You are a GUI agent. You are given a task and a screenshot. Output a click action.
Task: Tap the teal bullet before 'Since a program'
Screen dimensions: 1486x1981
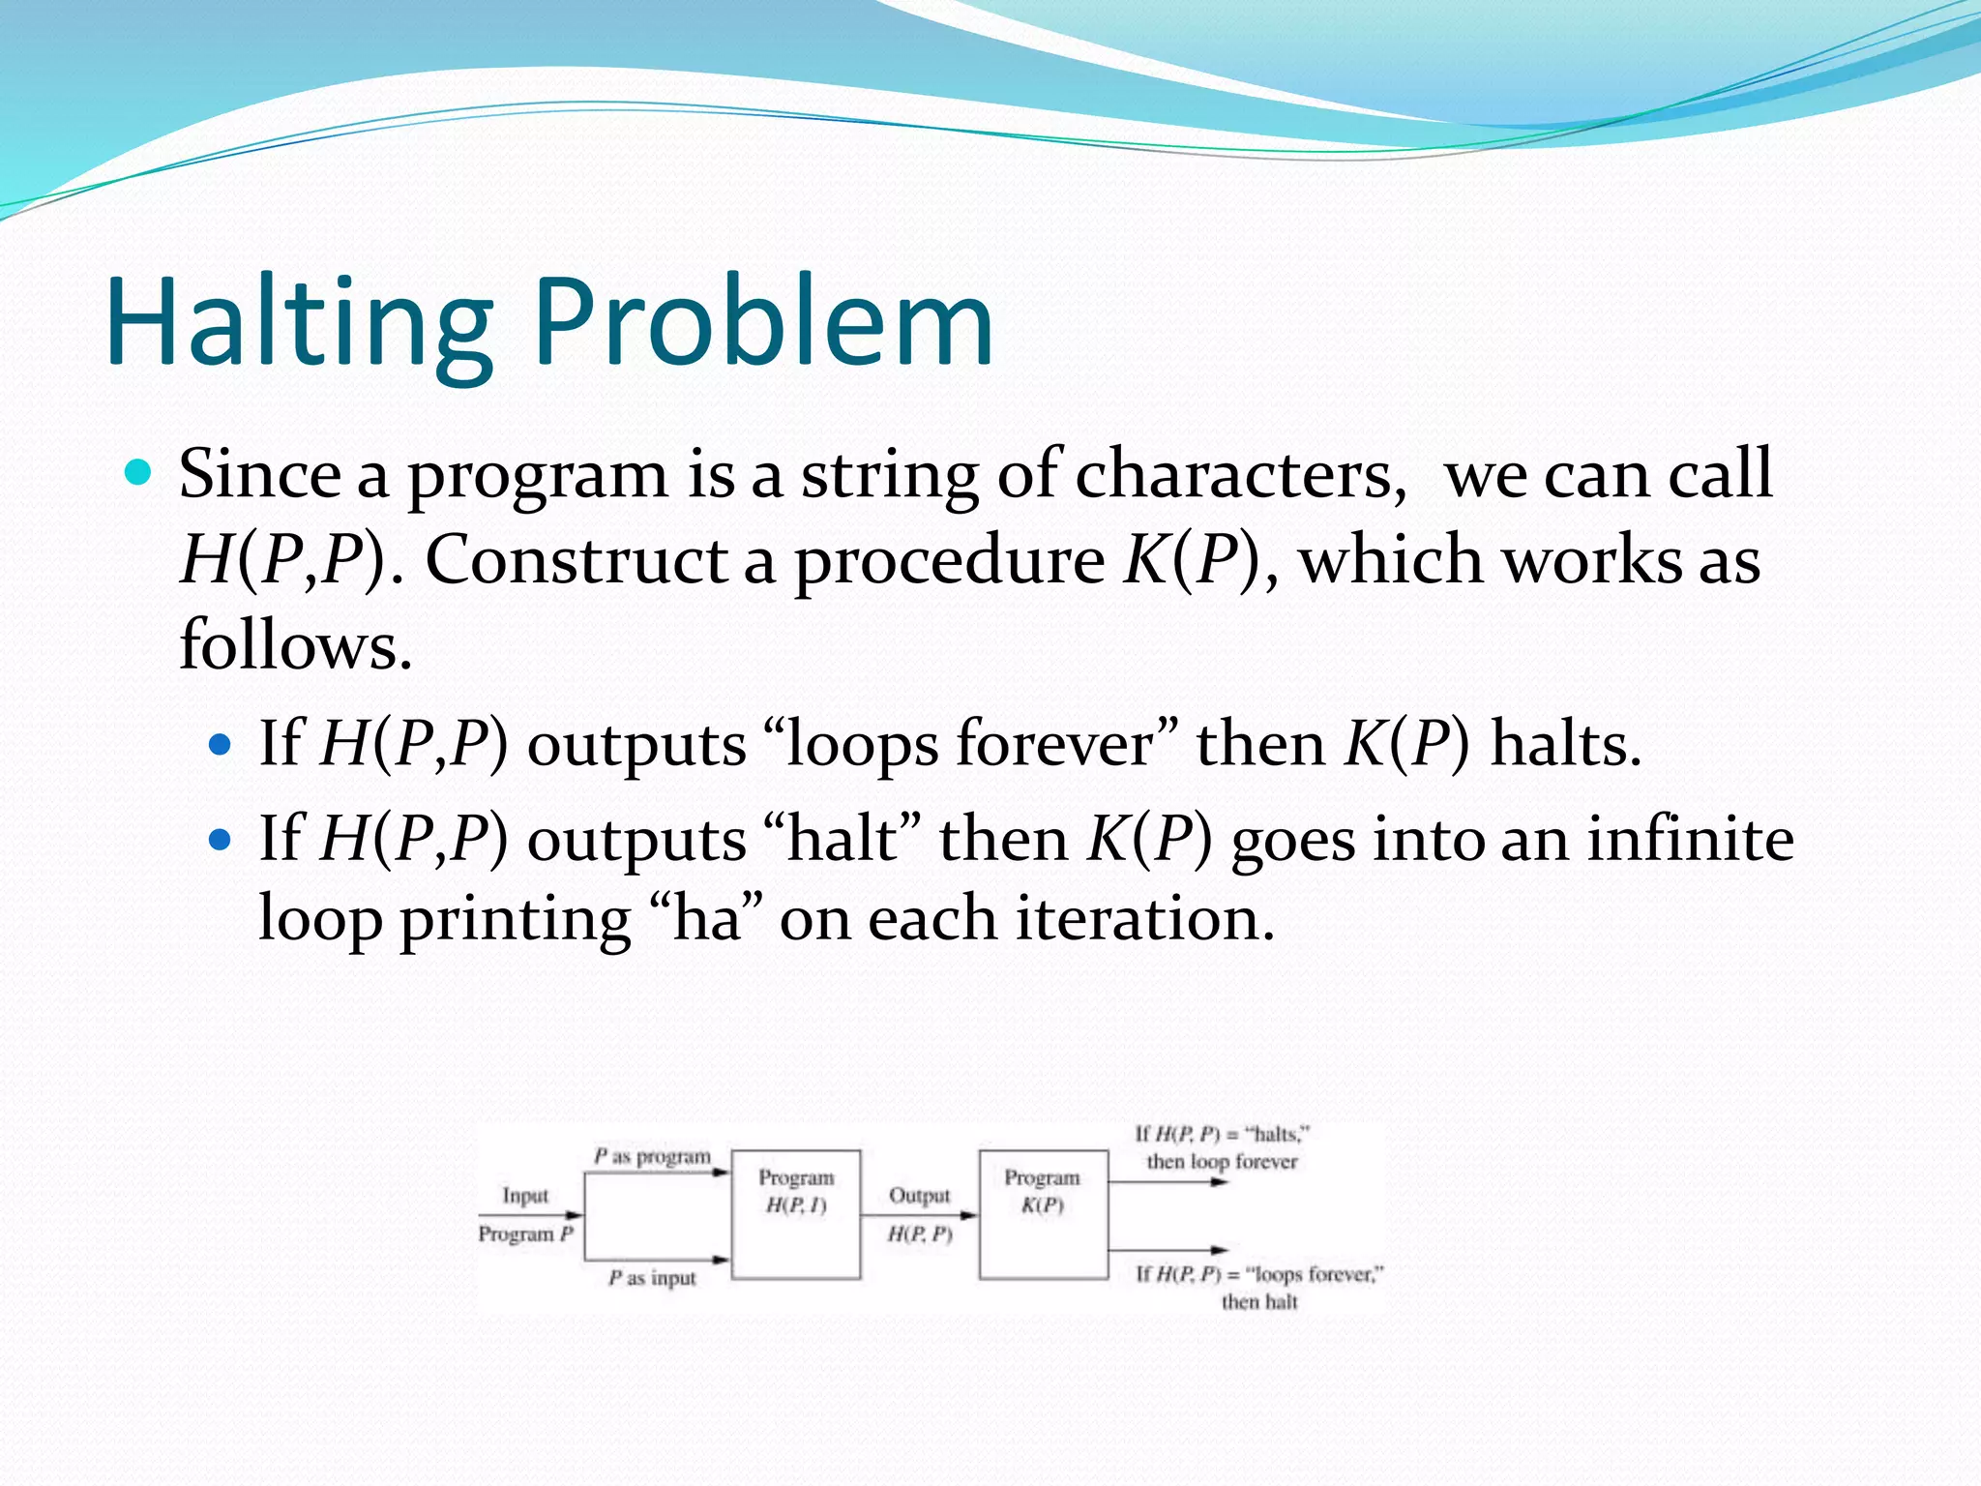[139, 473]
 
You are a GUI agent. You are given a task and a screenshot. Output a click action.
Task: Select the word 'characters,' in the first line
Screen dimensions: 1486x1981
[1241, 476]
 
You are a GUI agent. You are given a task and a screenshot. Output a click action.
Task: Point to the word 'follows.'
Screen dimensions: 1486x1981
[295, 645]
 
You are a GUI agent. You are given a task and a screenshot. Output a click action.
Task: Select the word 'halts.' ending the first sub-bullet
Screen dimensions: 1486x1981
[1565, 745]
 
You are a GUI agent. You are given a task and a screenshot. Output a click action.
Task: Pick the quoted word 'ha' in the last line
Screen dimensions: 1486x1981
[707, 919]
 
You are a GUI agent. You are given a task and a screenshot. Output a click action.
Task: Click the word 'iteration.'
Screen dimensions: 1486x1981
[1145, 919]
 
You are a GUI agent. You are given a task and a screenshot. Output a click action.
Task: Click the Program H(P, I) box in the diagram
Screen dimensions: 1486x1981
[795, 1214]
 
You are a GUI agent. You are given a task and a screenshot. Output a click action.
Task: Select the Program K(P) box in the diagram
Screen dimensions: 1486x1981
[1043, 1214]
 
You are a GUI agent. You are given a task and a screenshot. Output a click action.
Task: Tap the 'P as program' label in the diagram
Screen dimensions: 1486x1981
[652, 1156]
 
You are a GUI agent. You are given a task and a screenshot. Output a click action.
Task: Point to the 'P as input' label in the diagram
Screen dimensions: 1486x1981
[652, 1278]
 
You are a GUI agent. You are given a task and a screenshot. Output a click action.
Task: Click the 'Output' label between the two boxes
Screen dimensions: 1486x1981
[919, 1196]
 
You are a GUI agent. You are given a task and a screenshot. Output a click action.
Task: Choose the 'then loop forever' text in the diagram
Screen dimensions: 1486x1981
[1222, 1161]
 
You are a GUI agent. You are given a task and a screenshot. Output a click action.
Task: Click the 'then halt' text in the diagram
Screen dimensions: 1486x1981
[1258, 1302]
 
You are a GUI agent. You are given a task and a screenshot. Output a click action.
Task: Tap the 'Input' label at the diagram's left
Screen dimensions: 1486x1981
[525, 1196]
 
